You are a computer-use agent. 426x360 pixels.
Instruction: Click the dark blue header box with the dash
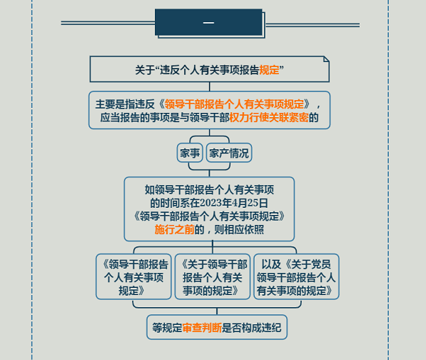pos(208,22)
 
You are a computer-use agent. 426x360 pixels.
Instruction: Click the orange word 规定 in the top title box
pos(269,70)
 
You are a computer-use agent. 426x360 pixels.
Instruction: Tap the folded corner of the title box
pos(326,59)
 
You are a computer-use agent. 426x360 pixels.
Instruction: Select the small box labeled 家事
pos(190,153)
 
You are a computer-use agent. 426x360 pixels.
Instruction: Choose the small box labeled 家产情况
pos(229,153)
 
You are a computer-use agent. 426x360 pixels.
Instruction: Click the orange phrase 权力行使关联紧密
pos(269,117)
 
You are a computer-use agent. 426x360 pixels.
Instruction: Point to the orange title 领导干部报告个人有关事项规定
pos(234,104)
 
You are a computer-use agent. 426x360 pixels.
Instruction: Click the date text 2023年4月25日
pos(234,203)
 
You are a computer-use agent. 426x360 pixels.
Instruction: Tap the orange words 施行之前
pos(174,229)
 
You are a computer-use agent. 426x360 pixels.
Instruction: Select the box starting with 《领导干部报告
pos(133,277)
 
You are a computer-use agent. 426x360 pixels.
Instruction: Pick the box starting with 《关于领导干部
pos(213,277)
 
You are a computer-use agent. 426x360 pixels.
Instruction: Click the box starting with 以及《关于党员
pos(296,277)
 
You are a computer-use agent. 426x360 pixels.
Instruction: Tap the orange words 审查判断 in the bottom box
pos(202,328)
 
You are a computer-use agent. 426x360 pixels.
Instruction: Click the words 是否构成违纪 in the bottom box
pos(252,328)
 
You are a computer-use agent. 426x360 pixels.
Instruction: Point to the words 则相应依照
pos(239,229)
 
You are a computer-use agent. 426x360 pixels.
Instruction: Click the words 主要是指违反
pos(125,104)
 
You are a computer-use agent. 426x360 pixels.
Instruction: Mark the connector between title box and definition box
pos(210,86)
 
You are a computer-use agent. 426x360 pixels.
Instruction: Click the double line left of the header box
pos(108,23)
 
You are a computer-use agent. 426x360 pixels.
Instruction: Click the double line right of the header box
pos(313,25)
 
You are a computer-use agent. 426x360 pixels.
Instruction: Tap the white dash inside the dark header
pos(208,23)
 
